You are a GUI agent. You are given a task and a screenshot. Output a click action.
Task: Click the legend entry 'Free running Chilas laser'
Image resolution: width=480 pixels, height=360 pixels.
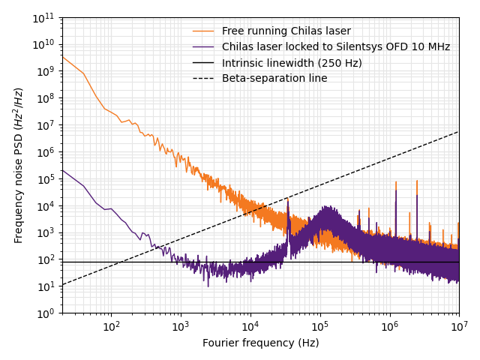286,31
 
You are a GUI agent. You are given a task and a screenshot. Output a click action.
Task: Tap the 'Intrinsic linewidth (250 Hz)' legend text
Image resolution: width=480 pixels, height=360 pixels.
292,63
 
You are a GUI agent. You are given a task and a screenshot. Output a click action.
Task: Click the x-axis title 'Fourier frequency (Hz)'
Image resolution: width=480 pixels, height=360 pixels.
260,343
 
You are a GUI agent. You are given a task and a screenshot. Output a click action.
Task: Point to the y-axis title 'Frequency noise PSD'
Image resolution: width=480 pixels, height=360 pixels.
19,165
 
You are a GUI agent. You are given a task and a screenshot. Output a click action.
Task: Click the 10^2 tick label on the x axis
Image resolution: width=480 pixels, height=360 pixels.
111,326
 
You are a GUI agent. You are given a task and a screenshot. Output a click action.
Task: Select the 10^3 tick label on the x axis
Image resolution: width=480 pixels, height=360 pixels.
180,326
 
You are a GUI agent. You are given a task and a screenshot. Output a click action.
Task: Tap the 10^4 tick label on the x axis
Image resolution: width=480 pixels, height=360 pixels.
250,326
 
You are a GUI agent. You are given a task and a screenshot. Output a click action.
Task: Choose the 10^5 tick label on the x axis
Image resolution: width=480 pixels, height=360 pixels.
319,326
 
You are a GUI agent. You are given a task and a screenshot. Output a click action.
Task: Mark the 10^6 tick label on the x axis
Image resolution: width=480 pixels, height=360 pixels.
389,326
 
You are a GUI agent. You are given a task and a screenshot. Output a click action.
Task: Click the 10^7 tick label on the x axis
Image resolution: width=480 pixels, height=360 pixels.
458,326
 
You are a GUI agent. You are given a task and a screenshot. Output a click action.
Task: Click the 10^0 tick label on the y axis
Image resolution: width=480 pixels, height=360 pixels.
46,313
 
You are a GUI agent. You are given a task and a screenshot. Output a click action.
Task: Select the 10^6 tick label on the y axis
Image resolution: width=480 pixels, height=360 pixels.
46,152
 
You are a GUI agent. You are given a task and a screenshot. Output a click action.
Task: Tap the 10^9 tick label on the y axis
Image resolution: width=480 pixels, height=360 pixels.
46,71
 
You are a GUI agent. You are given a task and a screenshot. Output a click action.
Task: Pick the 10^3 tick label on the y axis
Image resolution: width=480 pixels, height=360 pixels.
46,232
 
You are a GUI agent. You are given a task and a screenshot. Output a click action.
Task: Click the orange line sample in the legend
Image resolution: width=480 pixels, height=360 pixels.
203,31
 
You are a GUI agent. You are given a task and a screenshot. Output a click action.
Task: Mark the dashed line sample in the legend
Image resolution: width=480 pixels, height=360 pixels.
203,79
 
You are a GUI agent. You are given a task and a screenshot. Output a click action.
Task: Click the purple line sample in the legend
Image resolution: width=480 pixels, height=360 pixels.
203,47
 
